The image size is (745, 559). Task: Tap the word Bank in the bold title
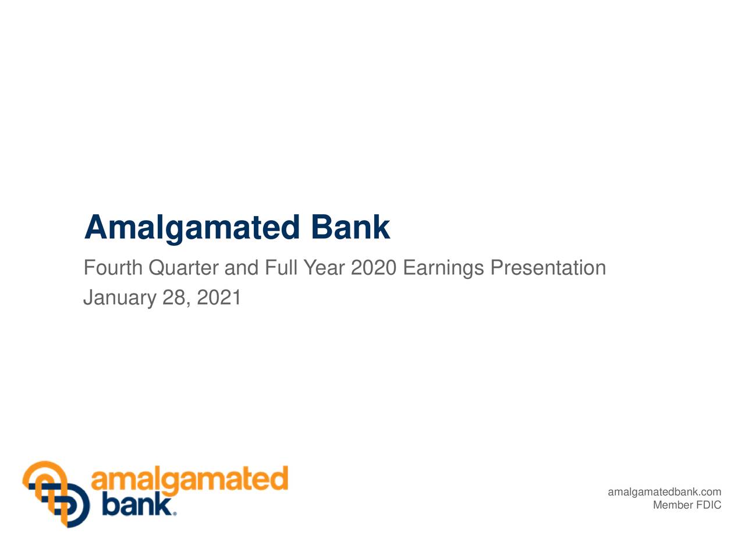(x=350, y=227)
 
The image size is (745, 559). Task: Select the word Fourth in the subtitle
(x=113, y=268)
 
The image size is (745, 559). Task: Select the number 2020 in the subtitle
(x=374, y=268)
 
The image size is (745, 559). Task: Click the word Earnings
(x=444, y=268)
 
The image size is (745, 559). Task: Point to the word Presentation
(x=548, y=268)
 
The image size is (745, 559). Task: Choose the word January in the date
(x=120, y=298)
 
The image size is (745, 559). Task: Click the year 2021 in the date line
(x=219, y=298)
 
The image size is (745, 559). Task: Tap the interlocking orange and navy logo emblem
(x=56, y=494)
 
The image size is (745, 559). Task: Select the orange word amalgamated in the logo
(x=190, y=481)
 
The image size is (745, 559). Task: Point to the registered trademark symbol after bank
(x=174, y=514)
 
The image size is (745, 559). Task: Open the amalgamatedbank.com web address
(x=664, y=493)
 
